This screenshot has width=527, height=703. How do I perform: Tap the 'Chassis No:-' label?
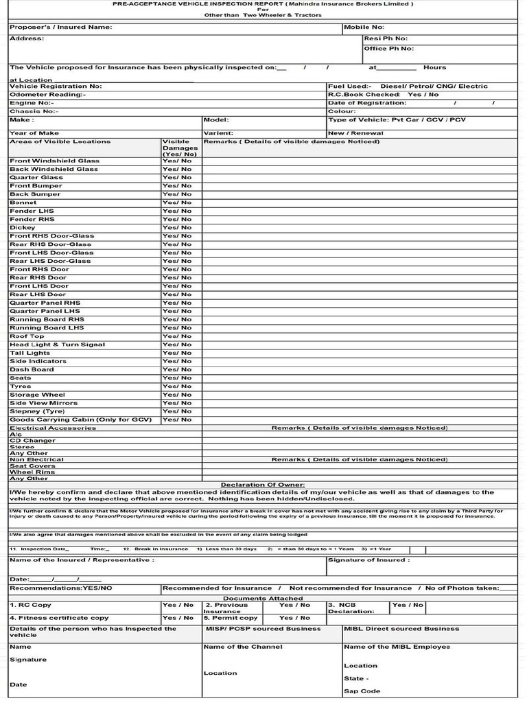click(34, 111)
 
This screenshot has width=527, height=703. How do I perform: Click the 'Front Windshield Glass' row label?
click(54, 161)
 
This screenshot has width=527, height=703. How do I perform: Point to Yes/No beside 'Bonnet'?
click(177, 203)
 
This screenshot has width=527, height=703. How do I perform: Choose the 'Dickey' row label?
click(23, 227)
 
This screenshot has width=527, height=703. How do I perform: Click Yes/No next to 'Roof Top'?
click(177, 336)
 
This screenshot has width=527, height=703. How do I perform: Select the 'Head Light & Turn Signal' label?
click(58, 345)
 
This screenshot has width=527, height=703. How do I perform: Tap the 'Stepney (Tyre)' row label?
click(37, 411)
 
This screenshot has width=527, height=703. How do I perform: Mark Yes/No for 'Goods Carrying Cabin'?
click(177, 419)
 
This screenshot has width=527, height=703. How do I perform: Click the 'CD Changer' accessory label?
click(33, 441)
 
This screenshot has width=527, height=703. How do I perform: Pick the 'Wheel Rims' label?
click(33, 472)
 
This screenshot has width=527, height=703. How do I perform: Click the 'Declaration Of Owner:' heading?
click(263, 485)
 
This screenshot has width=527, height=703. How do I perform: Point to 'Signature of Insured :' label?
click(368, 560)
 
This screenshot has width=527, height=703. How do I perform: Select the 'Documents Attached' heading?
click(263, 598)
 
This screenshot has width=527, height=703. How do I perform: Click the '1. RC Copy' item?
click(31, 606)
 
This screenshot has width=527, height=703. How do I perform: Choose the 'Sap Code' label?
click(362, 691)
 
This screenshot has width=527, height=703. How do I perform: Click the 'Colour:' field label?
click(342, 111)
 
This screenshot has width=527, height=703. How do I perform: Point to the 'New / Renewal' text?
click(356, 133)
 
